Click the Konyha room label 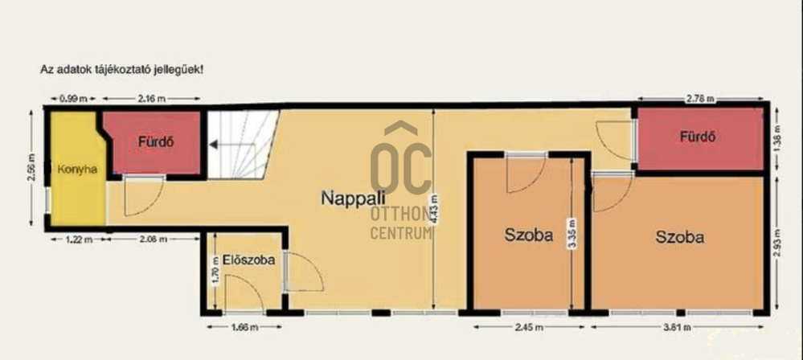coord(77,170)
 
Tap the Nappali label coord(353,197)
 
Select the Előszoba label coord(249,260)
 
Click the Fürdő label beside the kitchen coord(156,142)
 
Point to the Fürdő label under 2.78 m coord(698,137)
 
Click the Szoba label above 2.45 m coord(529,235)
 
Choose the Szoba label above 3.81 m coord(679,237)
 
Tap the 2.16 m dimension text coord(152,99)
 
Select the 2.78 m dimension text coord(700,99)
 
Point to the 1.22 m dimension coord(78,239)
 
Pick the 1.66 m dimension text coord(244,327)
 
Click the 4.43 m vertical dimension coord(435,208)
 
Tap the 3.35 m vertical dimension coord(572,234)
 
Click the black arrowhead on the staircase coord(213,145)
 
